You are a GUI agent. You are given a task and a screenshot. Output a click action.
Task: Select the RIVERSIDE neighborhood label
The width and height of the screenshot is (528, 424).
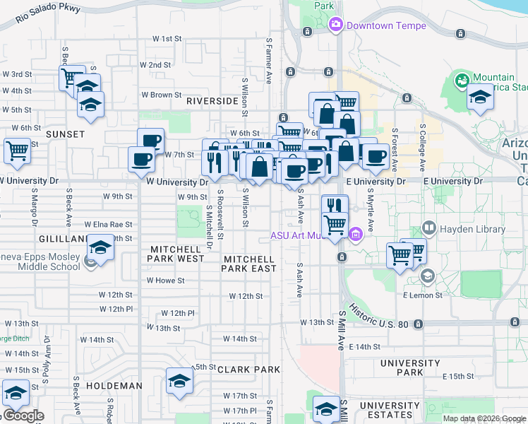pos(212,101)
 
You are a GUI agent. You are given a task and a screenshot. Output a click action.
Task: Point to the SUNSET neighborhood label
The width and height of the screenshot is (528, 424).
pos(65,134)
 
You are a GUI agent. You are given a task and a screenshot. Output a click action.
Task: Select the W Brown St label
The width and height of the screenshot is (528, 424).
pos(162,94)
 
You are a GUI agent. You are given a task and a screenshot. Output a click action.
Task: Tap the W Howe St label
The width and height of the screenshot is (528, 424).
pos(166,281)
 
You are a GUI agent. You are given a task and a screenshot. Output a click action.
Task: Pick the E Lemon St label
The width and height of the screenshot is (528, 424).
pos(422,294)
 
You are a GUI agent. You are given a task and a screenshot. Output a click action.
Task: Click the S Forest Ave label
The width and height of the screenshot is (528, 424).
pos(395,149)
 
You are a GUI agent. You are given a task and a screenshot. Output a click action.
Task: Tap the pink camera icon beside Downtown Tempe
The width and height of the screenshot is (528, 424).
pos(335,25)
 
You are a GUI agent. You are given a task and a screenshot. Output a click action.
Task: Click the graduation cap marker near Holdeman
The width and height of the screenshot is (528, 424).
pos(179,382)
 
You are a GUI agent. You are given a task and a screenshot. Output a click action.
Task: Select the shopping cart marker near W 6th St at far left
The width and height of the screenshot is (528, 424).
pos(17,150)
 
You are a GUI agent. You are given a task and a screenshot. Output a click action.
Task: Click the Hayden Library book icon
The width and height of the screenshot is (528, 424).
pos(428,229)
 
